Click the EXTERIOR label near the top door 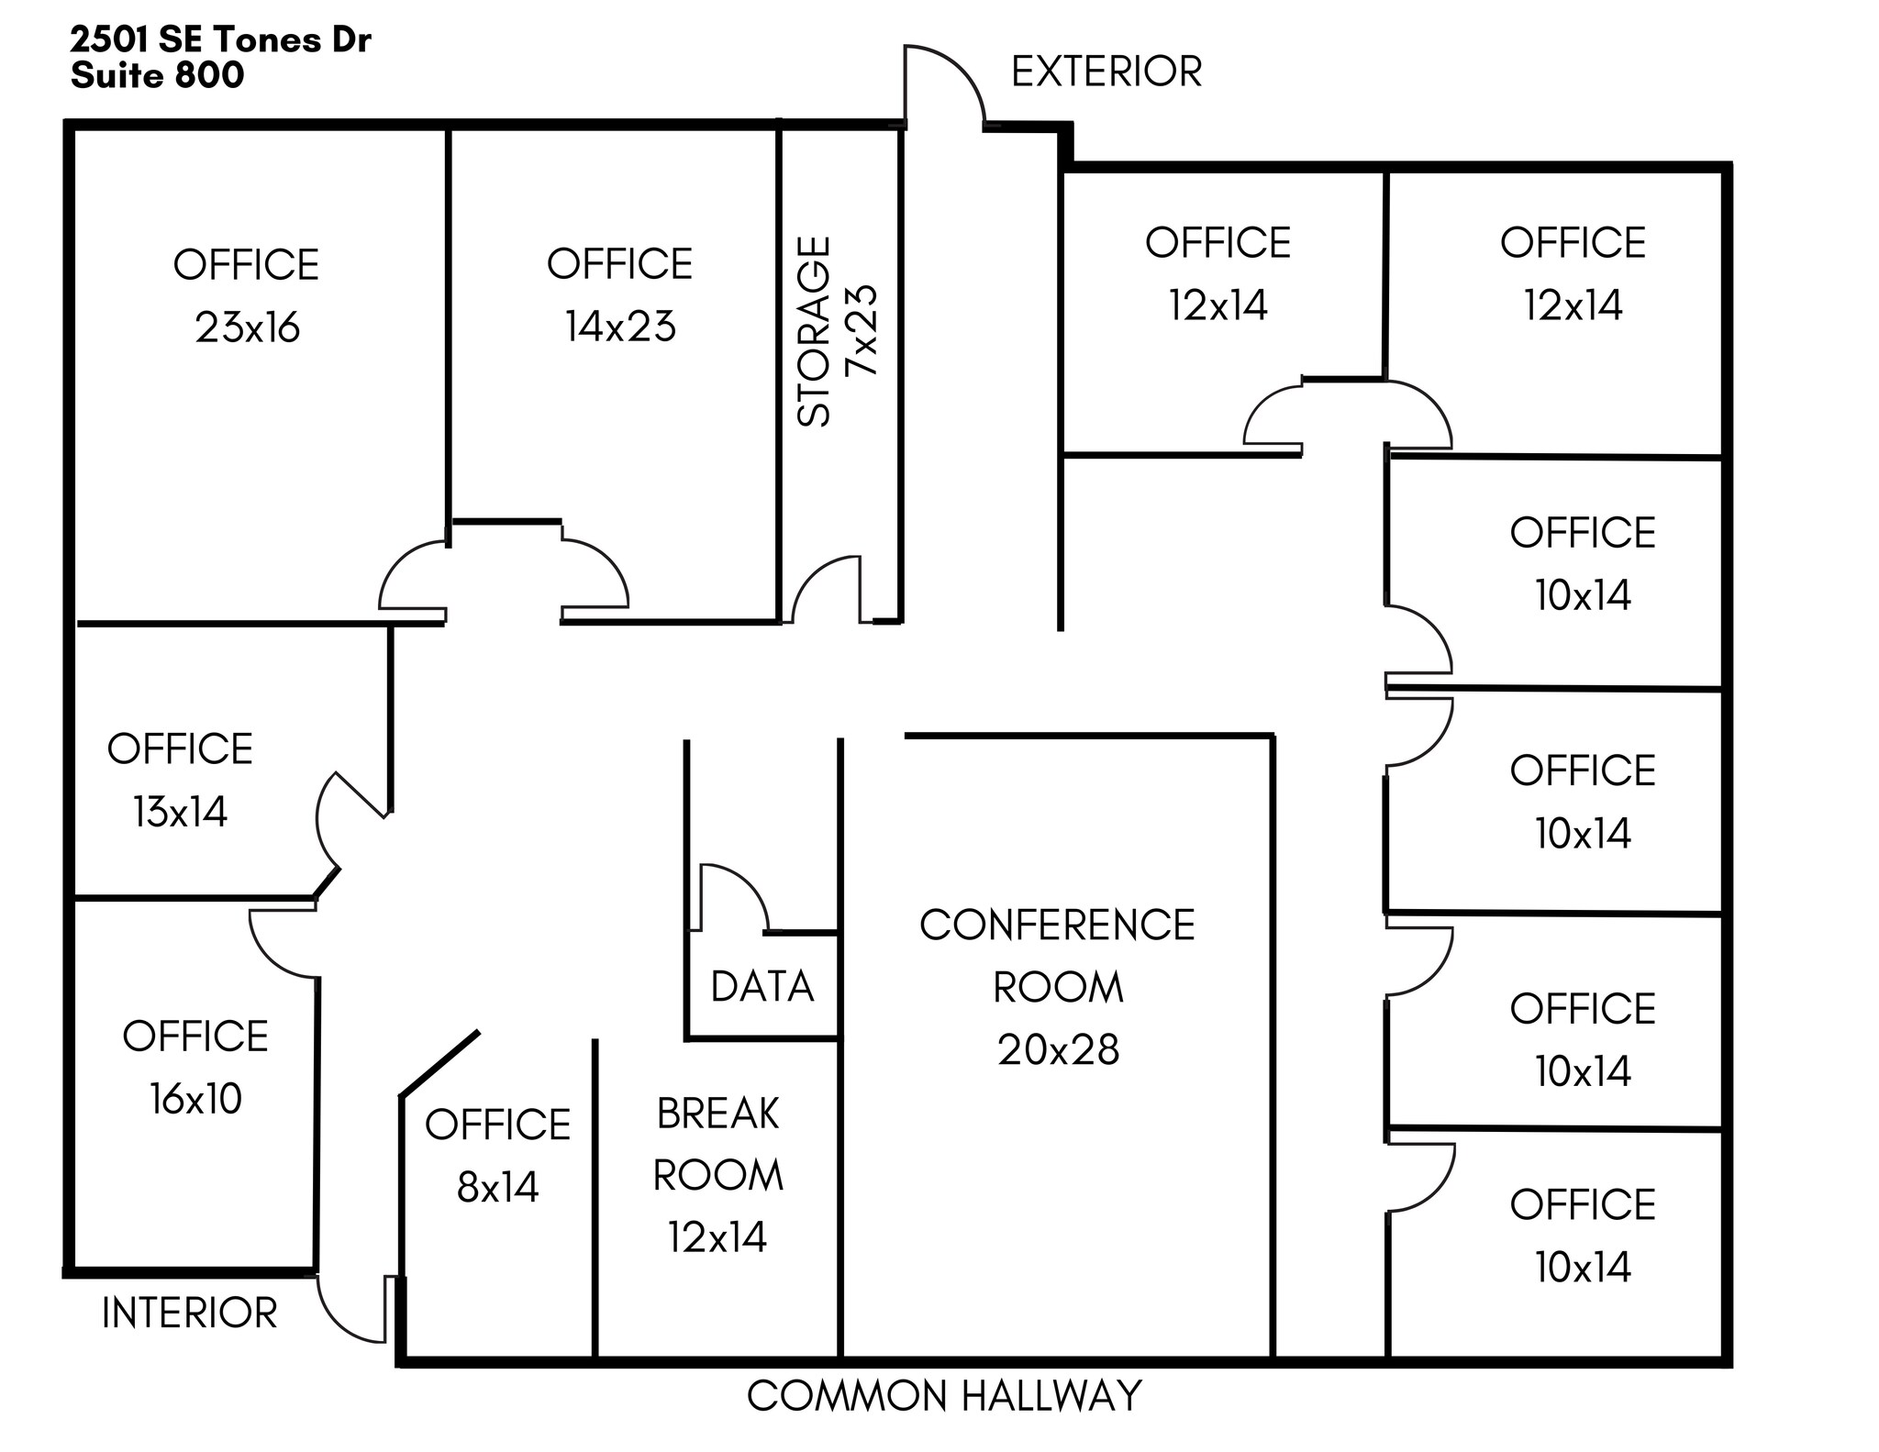1106,72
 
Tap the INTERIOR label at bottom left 189,1313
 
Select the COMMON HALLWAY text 944,1396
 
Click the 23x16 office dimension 247,327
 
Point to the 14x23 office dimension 620,327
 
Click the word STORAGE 814,331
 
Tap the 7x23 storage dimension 862,330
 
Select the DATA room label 762,987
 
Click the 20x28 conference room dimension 1058,1049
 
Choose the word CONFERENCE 1057,925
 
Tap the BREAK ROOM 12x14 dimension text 717,1237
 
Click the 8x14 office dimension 497,1187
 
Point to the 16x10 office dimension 195,1098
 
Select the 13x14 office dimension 180,812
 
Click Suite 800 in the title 157,75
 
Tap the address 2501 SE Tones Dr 220,40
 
